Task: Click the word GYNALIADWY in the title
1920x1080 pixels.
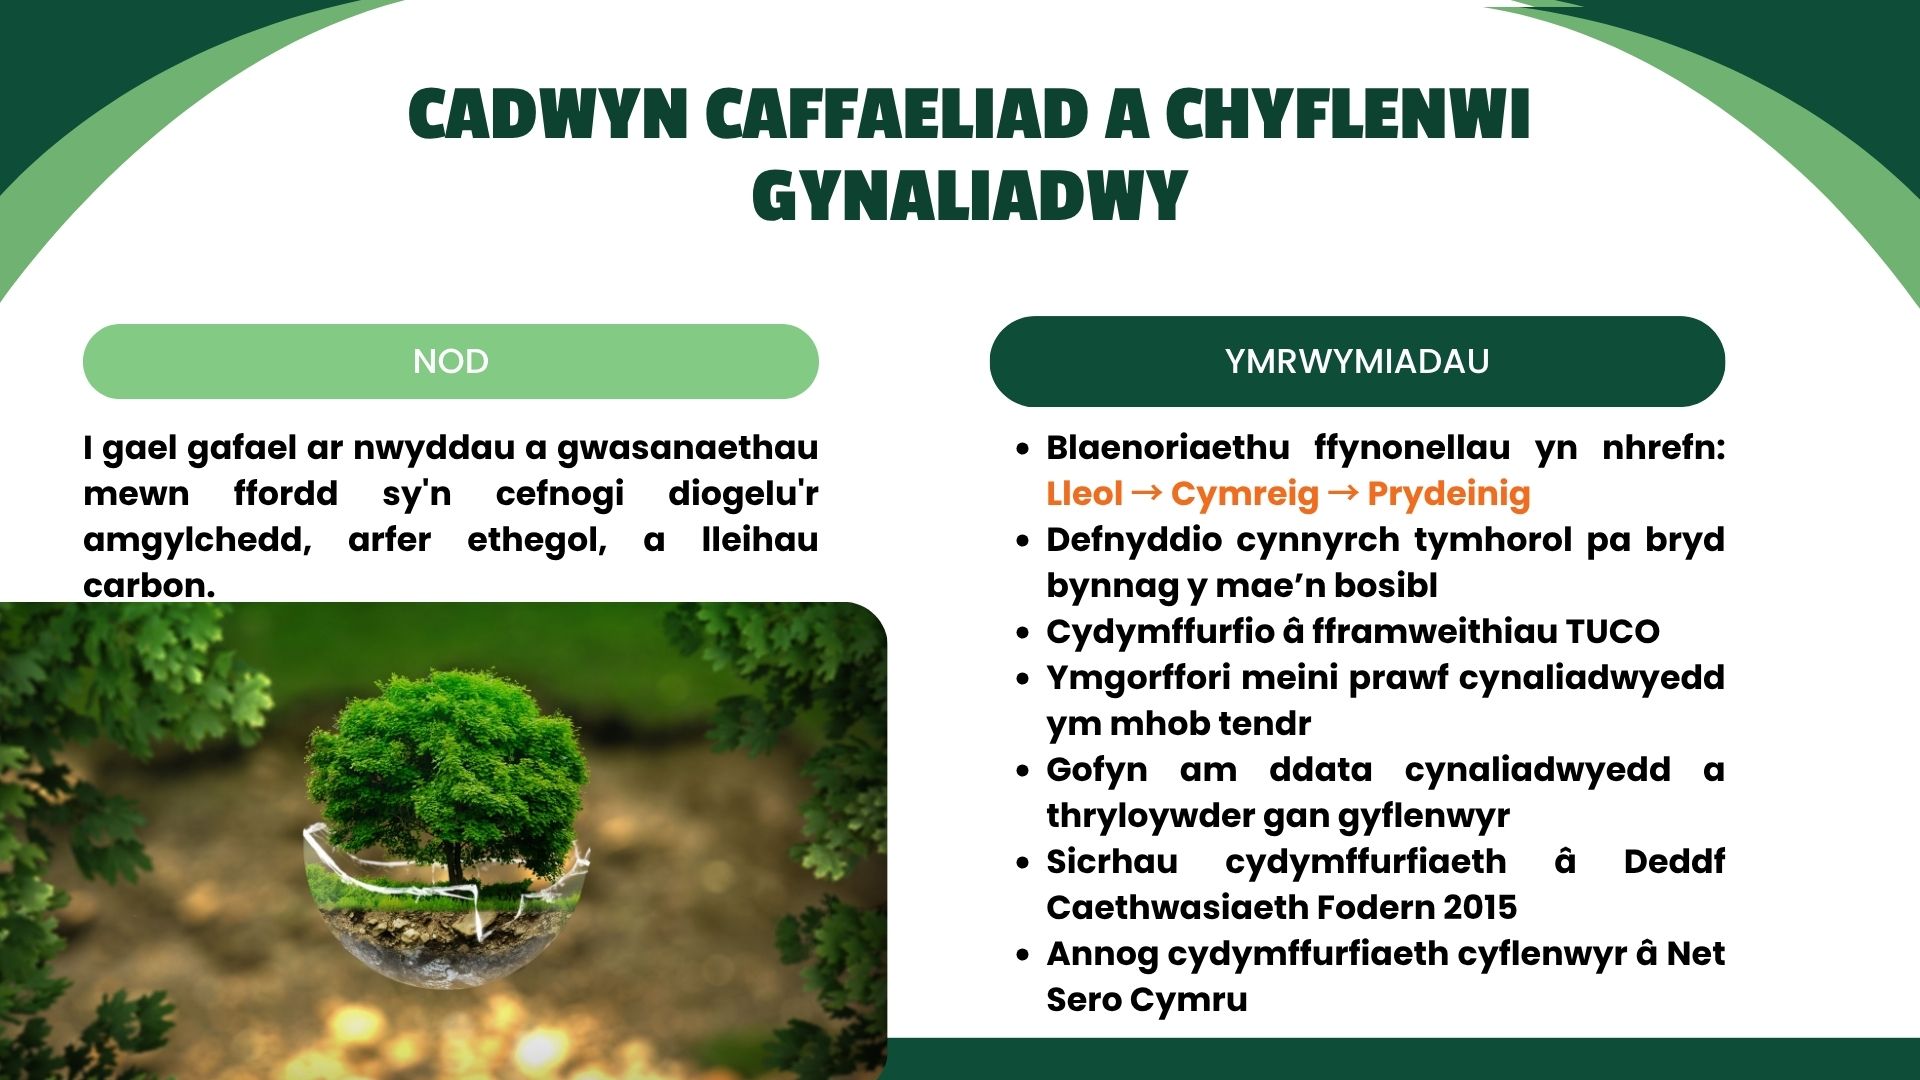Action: click(x=969, y=195)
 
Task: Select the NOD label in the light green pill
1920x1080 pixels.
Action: click(x=451, y=361)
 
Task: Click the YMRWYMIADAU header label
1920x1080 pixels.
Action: click(x=1357, y=361)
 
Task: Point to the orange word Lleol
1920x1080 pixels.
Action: click(x=1084, y=493)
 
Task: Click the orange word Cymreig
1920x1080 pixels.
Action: click(x=1245, y=495)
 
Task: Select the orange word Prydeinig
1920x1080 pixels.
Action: click(x=1449, y=495)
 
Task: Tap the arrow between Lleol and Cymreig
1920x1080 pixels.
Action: click(x=1147, y=492)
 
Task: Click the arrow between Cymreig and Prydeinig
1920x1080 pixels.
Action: click(x=1343, y=492)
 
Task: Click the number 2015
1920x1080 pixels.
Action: click(x=1480, y=908)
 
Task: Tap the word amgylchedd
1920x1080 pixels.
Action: click(x=197, y=541)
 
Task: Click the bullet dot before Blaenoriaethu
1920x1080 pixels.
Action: click(x=1022, y=449)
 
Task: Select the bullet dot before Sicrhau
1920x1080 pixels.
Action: click(x=1022, y=863)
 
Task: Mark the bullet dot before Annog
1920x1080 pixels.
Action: click(x=1022, y=955)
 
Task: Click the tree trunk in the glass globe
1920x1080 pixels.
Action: click(x=455, y=860)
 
